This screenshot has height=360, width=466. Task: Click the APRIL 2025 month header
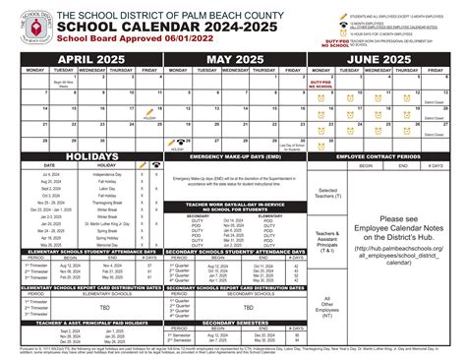(x=81, y=61)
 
